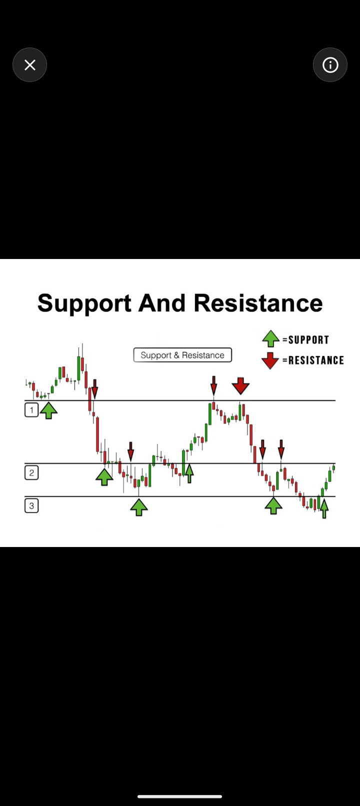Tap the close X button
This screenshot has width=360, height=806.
click(29, 65)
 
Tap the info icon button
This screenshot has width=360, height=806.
click(330, 65)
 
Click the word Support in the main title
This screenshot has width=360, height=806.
click(84, 303)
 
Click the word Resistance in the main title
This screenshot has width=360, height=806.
click(258, 302)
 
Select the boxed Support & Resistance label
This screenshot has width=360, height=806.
click(182, 355)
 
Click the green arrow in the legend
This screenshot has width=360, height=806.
click(270, 338)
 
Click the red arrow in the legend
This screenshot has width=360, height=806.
click(270, 361)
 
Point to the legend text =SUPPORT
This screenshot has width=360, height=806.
click(305, 339)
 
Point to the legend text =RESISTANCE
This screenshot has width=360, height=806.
click(313, 360)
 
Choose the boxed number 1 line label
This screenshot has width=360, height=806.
click(31, 410)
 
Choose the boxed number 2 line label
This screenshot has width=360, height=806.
click(31, 473)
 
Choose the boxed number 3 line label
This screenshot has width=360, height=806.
click(31, 506)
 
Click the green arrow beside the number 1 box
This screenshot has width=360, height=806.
click(48, 410)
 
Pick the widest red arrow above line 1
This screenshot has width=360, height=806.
click(240, 386)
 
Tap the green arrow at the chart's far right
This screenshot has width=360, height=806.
click(324, 507)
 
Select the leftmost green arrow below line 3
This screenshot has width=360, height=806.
click(139, 507)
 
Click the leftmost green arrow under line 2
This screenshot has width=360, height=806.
click(104, 477)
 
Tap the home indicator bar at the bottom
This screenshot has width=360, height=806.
click(179, 796)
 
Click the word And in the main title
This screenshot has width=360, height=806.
click(162, 302)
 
